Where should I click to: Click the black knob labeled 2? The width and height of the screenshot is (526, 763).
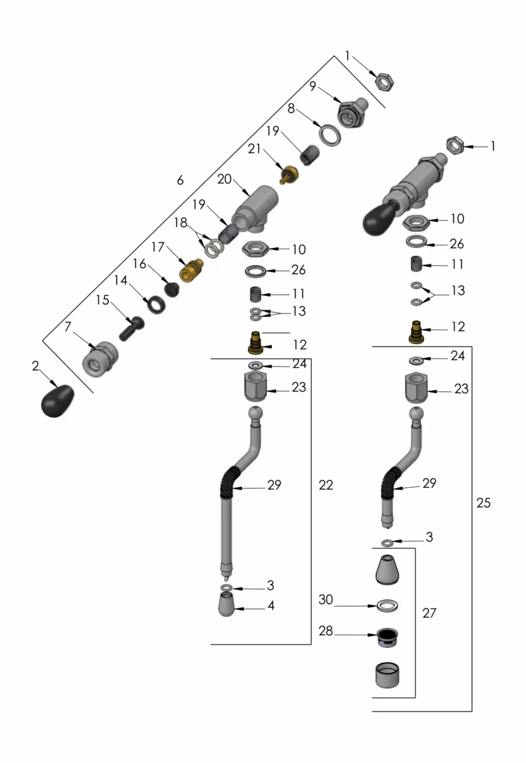(57, 401)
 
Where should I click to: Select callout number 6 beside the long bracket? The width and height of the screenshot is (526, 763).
(180, 180)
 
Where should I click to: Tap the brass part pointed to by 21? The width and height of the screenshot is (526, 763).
(289, 175)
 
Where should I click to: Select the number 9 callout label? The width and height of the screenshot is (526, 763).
(312, 86)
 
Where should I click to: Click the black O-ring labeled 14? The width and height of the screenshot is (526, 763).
(156, 304)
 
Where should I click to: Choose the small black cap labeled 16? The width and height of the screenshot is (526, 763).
(172, 289)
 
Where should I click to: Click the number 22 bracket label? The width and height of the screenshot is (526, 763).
(326, 485)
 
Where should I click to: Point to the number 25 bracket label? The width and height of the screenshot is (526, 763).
(483, 503)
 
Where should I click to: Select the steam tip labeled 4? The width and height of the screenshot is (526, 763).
(227, 604)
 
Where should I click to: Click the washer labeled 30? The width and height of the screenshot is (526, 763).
(387, 606)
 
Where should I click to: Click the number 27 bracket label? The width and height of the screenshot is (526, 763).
(429, 613)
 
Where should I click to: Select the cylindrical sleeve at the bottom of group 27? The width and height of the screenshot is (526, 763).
(387, 675)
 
